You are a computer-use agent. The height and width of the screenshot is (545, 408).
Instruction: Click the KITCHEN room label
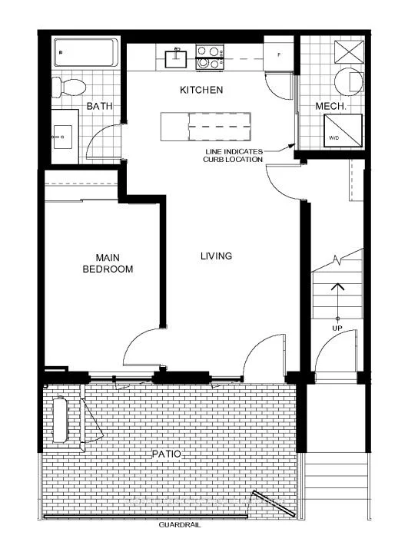coord(201,90)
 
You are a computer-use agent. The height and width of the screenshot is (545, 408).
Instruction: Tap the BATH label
coord(99,106)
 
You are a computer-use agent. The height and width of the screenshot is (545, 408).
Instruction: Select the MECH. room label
coord(331,106)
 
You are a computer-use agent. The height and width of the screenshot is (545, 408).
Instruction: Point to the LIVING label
coord(216,256)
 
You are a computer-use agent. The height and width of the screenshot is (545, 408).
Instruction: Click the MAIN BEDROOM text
coord(108,263)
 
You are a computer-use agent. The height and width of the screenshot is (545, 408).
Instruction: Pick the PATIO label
coord(167,454)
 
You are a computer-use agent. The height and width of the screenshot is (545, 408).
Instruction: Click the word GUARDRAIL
coord(180,525)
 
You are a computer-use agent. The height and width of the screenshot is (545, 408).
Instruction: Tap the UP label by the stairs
coord(337,328)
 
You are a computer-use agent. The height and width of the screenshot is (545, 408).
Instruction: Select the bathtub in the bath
coord(86,52)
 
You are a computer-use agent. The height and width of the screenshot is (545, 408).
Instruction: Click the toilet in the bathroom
coord(69,87)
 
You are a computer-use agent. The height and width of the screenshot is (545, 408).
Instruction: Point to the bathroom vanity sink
coord(63,137)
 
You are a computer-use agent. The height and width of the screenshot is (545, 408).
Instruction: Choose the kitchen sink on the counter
coord(176,58)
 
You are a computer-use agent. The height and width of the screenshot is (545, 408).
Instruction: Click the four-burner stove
coord(210,58)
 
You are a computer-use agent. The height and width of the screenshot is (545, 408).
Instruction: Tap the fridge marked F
coord(279,54)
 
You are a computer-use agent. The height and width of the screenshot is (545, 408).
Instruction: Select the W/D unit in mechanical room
coord(343,130)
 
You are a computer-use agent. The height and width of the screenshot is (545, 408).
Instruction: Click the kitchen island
coord(206,126)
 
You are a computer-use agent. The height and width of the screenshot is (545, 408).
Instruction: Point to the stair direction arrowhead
coord(337,287)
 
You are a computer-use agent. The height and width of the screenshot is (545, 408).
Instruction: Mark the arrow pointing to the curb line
coord(279,149)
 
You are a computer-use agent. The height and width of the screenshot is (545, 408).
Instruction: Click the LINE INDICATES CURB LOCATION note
coord(233,156)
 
